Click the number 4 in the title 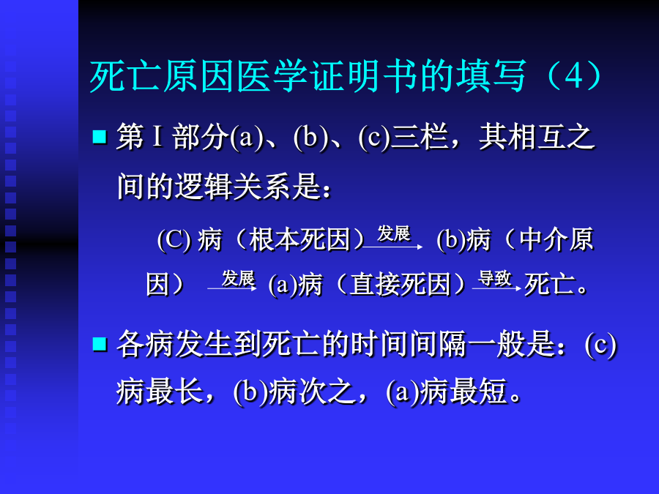point(574,76)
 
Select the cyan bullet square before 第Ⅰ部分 point(100,137)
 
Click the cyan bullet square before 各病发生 point(100,344)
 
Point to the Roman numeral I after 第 point(157,137)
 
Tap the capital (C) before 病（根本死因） point(174,240)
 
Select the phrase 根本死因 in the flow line point(299,240)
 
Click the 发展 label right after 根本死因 point(393,233)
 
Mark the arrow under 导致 point(496,288)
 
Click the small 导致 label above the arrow point(495,279)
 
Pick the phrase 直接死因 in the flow point(400,285)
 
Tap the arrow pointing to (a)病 point(232,288)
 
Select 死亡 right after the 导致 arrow point(549,285)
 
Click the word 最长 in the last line point(174,392)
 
